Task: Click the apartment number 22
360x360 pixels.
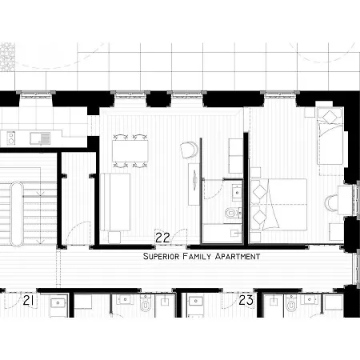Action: [162, 238]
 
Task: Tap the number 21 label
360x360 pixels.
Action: [29, 300]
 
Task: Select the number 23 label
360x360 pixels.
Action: [246, 300]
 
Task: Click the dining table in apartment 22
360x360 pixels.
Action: [130, 152]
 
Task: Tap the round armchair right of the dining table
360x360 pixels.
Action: [189, 150]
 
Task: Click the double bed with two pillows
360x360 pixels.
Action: [280, 202]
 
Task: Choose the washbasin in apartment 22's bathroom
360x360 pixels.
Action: [236, 191]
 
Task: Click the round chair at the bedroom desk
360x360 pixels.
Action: [331, 202]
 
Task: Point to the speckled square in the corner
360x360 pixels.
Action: [8, 57]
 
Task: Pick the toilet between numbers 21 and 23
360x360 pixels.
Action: [145, 305]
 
